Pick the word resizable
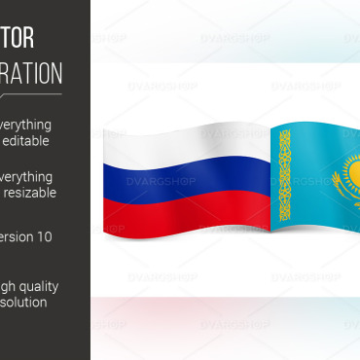click(x=30, y=193)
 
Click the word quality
click(x=37, y=286)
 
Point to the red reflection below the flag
click(x=175, y=311)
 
